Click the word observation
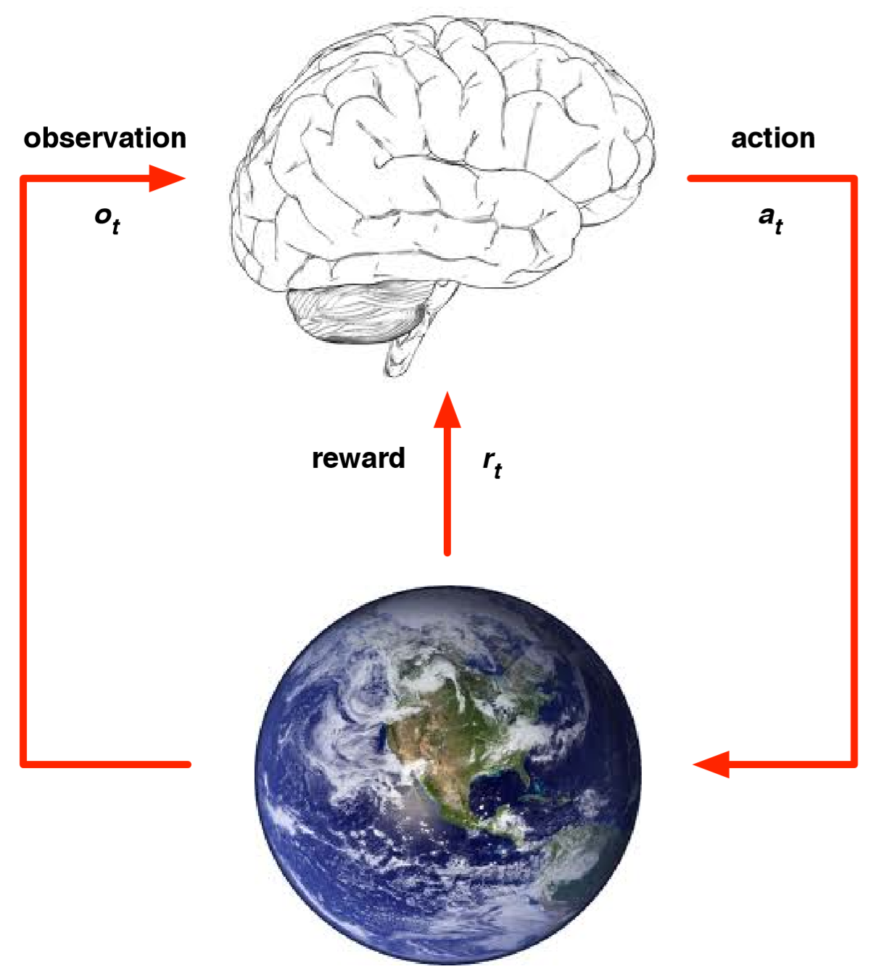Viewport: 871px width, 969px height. pos(105,138)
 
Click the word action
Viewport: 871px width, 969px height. pos(773,138)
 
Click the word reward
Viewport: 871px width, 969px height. pos(358,458)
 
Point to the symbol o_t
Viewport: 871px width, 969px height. pos(107,220)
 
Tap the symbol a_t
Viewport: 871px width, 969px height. pos(771,220)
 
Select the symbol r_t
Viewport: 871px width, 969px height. pos(492,463)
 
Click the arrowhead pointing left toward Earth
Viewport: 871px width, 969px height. pos(711,764)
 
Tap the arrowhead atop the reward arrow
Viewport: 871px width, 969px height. pos(447,410)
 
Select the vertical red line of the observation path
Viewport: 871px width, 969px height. pos(22,471)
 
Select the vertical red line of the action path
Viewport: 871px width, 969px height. pos(854,471)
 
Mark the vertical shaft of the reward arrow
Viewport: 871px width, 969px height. pos(447,491)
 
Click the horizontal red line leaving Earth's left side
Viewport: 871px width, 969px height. pos(105,764)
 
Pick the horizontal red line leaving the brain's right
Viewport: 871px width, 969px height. pos(772,178)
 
